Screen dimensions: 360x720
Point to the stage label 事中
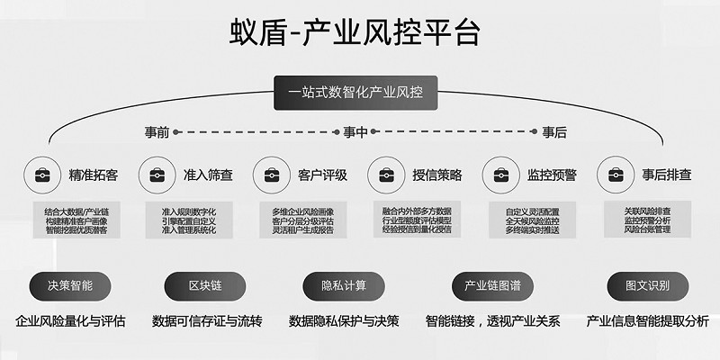(x=355, y=132)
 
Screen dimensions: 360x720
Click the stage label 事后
(x=554, y=132)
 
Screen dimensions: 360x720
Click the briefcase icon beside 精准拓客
(x=40, y=174)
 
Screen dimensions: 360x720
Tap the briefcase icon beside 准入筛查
(x=157, y=174)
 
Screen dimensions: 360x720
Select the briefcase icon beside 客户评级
(x=271, y=174)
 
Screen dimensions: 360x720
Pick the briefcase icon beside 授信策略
(x=385, y=174)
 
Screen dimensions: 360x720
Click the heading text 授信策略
(x=437, y=175)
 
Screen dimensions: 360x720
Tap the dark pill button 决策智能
(x=70, y=286)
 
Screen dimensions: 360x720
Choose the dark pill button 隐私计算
(x=344, y=286)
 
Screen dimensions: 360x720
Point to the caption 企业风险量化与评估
(x=70, y=321)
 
